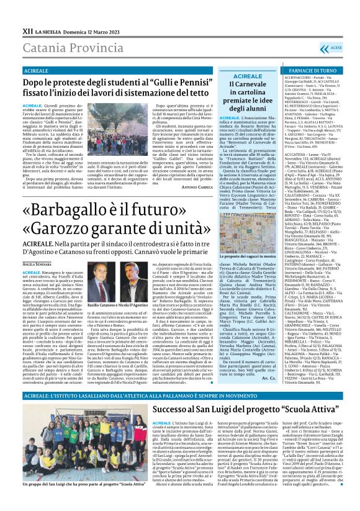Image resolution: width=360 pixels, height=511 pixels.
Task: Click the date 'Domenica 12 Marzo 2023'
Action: click(89, 13)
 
